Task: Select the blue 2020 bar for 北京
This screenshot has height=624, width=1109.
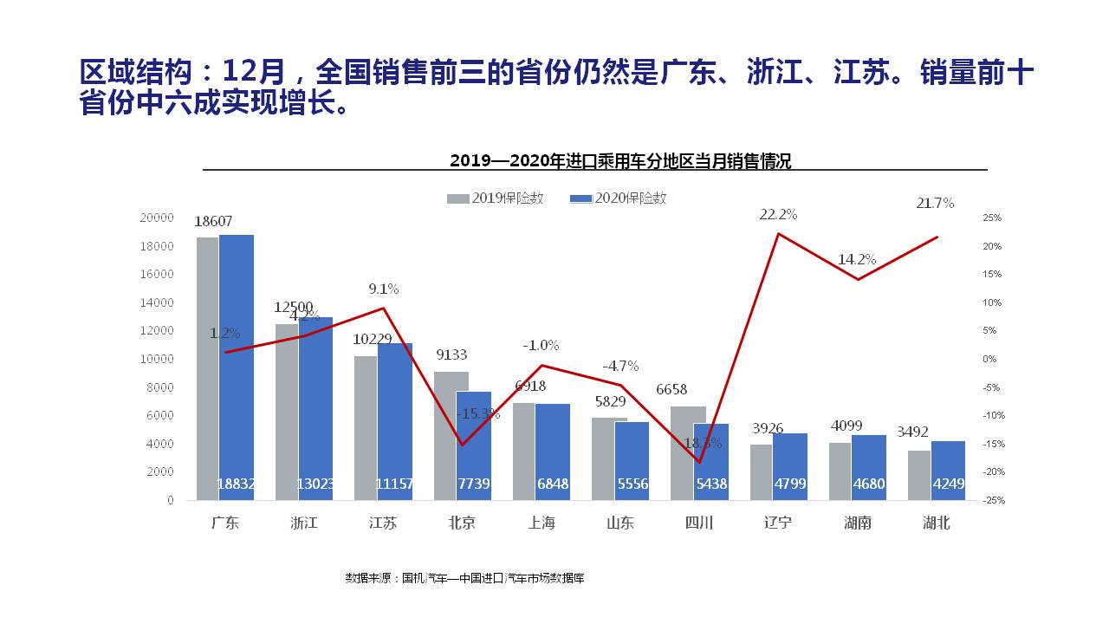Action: [x=474, y=445]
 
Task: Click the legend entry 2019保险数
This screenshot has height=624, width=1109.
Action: [x=496, y=198]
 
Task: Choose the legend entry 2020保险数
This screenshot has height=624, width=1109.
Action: [x=619, y=198]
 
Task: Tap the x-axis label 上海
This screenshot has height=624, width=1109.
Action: [x=542, y=523]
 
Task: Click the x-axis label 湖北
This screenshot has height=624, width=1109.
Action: [x=936, y=523]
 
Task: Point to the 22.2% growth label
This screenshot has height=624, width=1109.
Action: [x=778, y=214]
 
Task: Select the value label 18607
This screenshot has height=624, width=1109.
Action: [x=213, y=222]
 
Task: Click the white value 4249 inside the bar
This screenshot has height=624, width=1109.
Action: [x=947, y=484]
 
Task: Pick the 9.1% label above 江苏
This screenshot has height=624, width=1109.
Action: [x=383, y=289]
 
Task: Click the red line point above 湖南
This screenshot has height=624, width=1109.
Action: [x=858, y=279]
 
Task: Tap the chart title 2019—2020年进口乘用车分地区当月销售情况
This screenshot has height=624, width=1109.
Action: [x=620, y=160]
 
